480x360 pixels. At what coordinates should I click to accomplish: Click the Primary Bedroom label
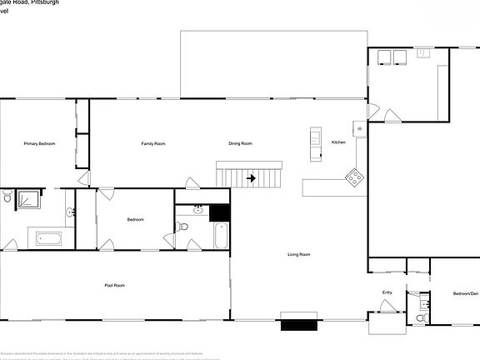(39, 144)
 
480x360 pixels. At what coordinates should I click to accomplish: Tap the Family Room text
(152, 144)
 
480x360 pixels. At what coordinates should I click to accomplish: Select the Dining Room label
(240, 144)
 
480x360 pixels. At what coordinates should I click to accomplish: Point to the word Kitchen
(338, 142)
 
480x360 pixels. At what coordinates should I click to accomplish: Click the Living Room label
(299, 254)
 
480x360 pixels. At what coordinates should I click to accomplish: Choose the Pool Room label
(115, 286)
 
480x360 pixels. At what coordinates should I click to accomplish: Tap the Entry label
(387, 292)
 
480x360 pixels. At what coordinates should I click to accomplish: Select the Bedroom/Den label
(466, 294)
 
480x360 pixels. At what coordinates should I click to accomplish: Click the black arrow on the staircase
(250, 177)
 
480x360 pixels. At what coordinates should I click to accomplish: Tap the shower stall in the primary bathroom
(30, 199)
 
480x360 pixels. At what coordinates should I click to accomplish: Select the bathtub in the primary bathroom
(47, 238)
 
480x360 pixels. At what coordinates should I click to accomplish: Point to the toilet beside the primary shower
(7, 198)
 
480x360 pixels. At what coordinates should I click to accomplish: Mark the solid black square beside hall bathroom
(219, 212)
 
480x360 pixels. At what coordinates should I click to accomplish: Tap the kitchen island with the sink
(316, 142)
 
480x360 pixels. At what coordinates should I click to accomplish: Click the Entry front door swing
(387, 307)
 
